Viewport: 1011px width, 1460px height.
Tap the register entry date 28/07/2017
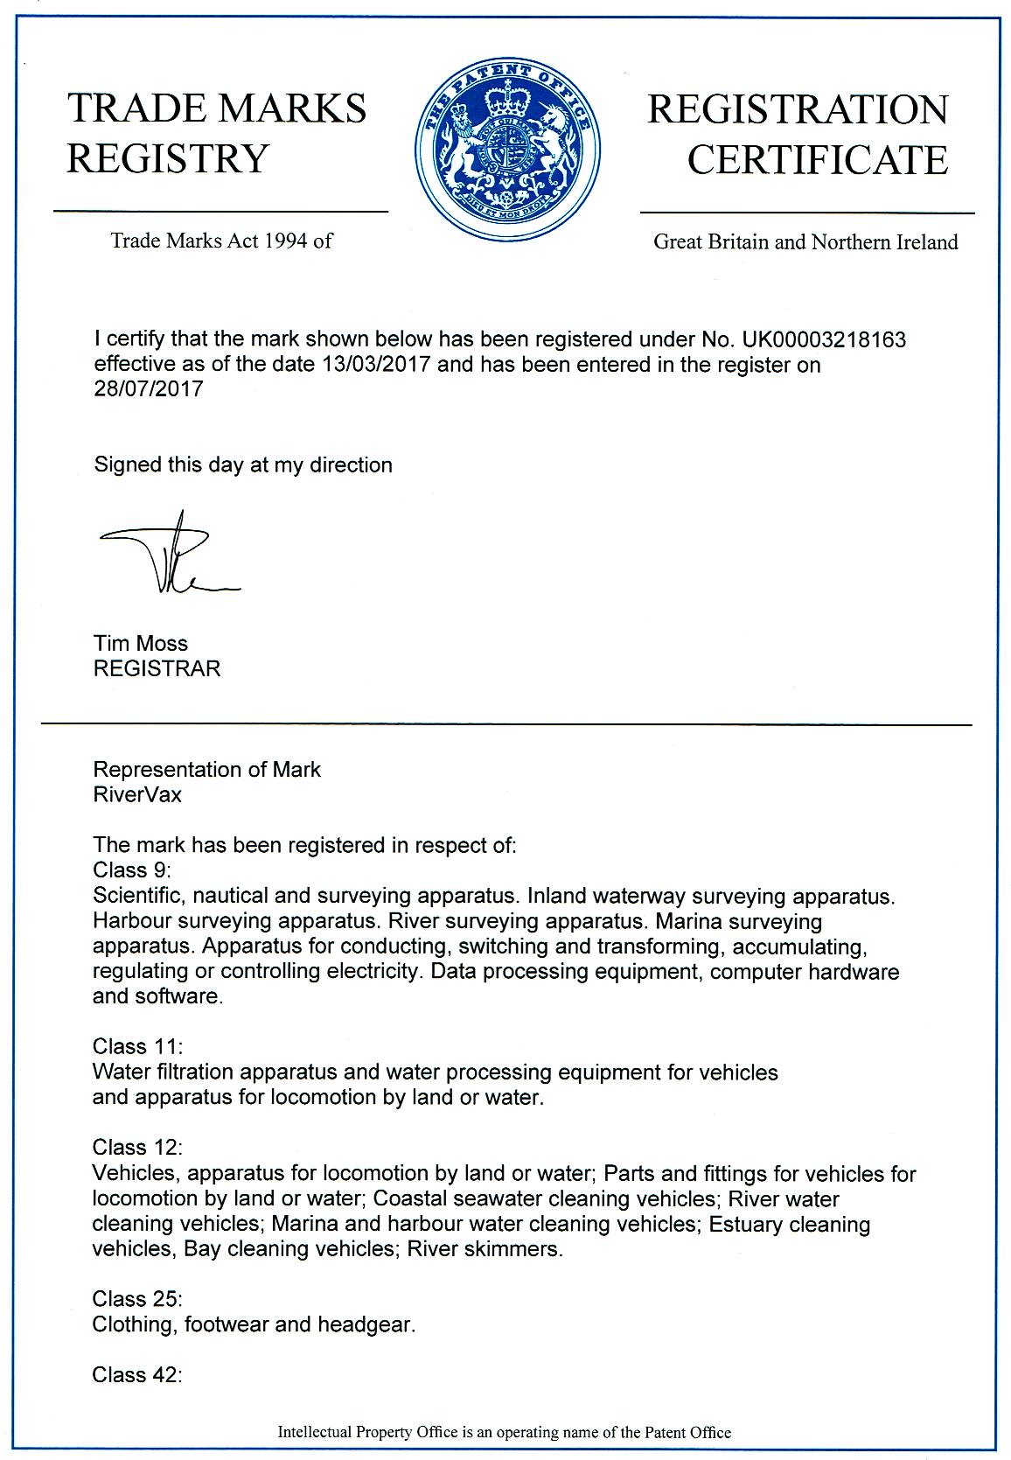pos(148,388)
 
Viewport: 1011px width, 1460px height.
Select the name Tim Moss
pos(140,644)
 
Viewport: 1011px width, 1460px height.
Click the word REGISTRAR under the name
pos(157,669)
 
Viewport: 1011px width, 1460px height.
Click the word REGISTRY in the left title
pos(168,158)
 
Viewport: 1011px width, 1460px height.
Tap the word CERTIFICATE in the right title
pos(817,160)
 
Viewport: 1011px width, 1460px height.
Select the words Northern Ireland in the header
pos(884,242)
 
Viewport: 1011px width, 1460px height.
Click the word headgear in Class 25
pos(371,1324)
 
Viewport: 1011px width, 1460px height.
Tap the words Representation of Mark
pos(206,770)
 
